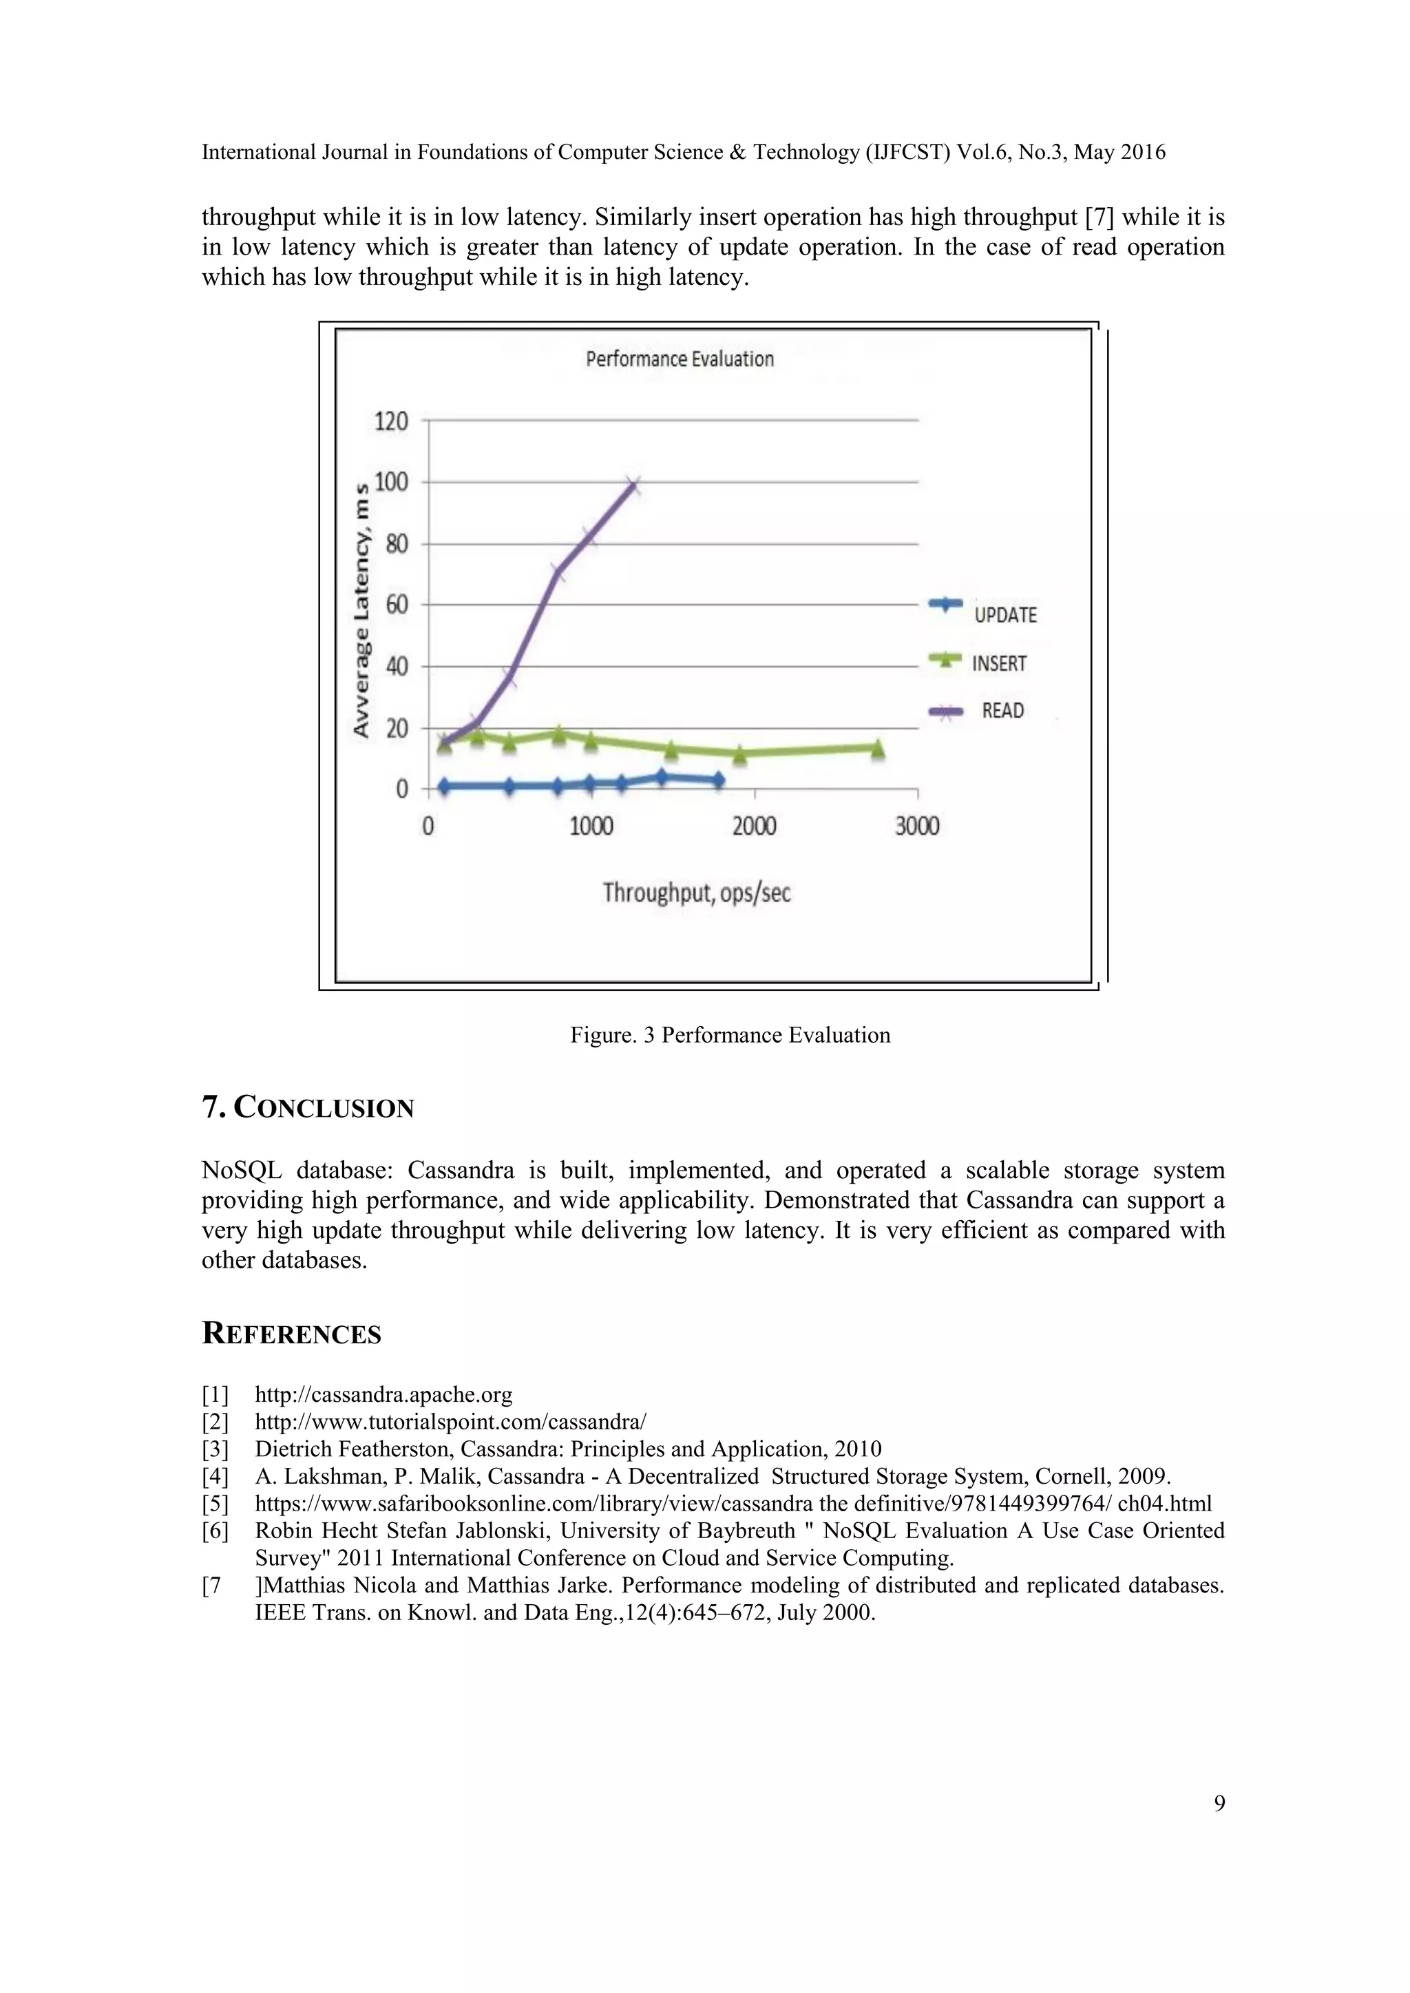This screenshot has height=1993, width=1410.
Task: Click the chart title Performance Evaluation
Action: pyautogui.click(x=679, y=359)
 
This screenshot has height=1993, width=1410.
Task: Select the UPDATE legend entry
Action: pyautogui.click(x=1004, y=615)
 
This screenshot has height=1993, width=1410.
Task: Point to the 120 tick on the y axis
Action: pyautogui.click(x=390, y=422)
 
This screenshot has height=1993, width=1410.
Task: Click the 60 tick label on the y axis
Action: pyautogui.click(x=396, y=604)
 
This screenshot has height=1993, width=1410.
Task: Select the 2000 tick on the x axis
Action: pyautogui.click(x=754, y=826)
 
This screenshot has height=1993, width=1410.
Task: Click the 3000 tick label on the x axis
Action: pyautogui.click(x=917, y=826)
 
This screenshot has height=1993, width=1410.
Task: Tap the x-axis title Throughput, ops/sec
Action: pyautogui.click(x=696, y=893)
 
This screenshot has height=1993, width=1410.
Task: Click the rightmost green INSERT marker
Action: pyautogui.click(x=877, y=747)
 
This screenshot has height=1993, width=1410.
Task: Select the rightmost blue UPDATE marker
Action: pyautogui.click(x=718, y=780)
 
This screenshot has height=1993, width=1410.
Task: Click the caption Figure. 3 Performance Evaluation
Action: pyautogui.click(x=729, y=1034)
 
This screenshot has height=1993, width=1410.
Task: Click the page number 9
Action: pyautogui.click(x=1219, y=1803)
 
